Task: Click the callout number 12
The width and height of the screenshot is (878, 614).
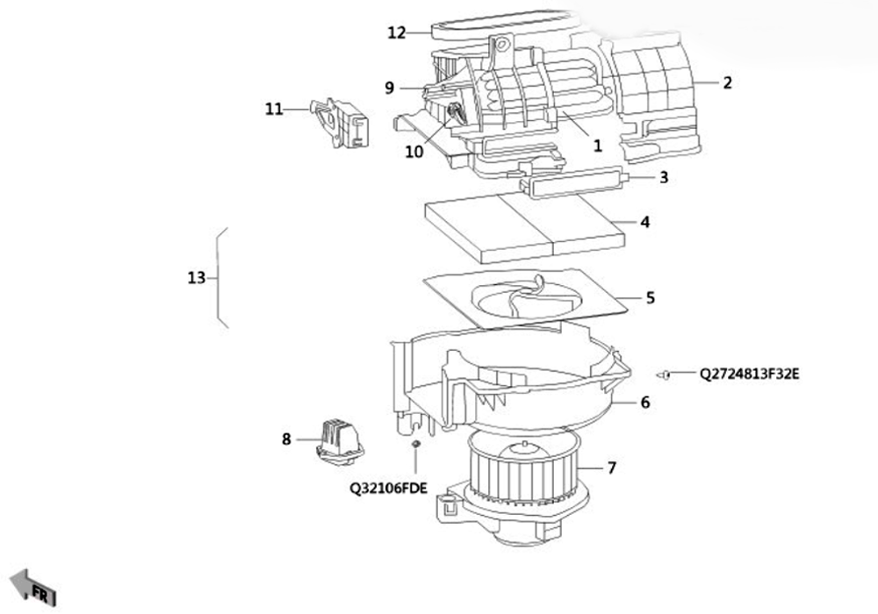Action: tap(397, 33)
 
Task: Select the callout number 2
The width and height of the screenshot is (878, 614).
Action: tap(727, 82)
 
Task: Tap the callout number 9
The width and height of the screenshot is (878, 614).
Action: tap(390, 88)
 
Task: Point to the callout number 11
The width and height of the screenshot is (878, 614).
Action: tap(274, 109)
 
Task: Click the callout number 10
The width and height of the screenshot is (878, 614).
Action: tap(414, 152)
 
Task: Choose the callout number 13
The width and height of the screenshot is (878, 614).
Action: tap(197, 277)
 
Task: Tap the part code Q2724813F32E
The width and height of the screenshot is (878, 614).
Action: tap(750, 374)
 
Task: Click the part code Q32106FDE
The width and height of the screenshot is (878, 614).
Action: tap(389, 489)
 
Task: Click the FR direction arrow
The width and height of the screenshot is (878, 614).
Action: tap(33, 588)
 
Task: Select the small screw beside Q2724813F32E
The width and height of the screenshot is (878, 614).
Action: tap(664, 375)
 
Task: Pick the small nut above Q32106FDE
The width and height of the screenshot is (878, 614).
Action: tap(416, 444)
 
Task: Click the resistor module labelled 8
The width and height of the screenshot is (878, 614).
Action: tap(340, 440)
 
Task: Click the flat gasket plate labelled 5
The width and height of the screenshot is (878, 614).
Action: tap(526, 297)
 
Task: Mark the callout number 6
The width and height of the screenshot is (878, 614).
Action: tap(645, 403)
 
